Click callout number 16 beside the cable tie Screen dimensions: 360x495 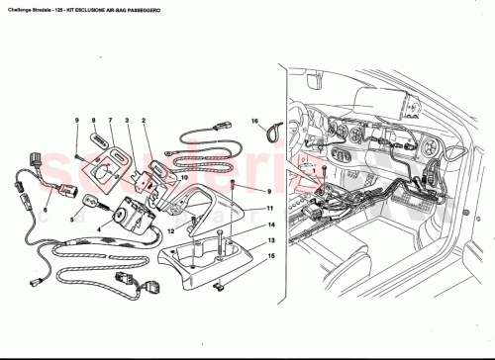pos(253,121)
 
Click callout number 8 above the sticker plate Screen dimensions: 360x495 pos(94,121)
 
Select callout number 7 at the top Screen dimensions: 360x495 pos(111,121)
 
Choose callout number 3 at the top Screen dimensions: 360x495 pos(128,121)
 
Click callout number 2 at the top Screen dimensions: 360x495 pos(145,121)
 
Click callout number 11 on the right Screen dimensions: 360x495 pos(269,209)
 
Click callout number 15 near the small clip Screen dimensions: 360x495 pos(269,256)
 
